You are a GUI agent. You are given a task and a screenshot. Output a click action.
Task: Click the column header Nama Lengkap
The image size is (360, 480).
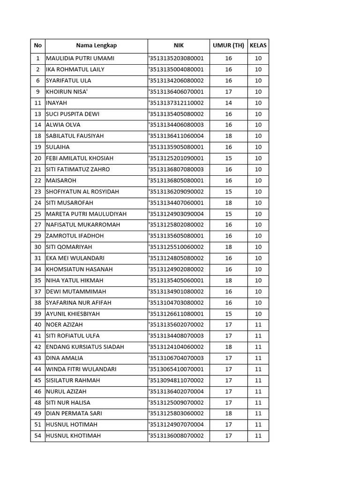[96, 45]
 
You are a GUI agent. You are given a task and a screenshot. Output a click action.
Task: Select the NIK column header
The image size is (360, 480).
[179, 45]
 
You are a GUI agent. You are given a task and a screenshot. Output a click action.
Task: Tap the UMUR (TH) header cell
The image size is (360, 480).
[228, 45]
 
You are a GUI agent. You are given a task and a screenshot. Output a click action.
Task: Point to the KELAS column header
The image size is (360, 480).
[258, 45]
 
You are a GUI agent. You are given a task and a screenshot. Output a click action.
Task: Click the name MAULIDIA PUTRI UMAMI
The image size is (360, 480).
[80, 58]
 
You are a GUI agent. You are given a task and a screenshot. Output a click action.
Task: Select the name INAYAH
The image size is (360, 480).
[57, 103]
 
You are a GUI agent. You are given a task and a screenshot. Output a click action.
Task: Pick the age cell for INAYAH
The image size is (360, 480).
[228, 103]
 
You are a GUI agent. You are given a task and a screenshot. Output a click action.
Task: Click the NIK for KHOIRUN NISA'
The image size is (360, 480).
[176, 91]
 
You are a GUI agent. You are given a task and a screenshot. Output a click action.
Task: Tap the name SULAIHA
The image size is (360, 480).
[58, 147]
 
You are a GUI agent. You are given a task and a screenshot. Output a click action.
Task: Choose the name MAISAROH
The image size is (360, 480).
[61, 180]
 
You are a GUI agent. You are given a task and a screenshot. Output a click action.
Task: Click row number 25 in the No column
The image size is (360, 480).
[38, 214]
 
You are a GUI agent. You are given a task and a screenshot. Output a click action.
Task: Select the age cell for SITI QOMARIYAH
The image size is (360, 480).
[228, 247]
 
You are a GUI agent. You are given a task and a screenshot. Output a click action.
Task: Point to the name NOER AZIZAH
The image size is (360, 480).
[63, 325]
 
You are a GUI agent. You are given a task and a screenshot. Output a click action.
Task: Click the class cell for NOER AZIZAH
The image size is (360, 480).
[258, 325]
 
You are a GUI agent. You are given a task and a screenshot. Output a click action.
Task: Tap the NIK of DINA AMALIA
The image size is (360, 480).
[176, 358]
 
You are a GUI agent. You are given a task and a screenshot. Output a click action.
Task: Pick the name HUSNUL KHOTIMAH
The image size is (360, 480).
[74, 436]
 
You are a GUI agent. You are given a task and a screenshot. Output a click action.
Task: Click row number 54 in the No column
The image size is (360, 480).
[38, 436]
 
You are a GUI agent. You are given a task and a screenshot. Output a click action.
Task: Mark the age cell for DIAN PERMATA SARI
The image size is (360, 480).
[228, 413]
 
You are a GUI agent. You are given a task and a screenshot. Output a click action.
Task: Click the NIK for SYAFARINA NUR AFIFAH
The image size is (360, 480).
[176, 303]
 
